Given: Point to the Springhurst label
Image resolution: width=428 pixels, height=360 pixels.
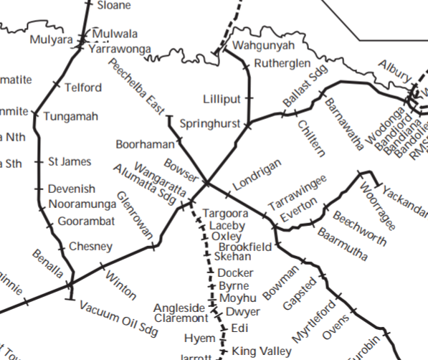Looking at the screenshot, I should pos(209,123).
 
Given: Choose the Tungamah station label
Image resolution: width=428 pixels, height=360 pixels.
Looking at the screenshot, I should pos(70,116).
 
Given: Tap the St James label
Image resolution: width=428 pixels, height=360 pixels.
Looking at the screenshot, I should pos(70,161).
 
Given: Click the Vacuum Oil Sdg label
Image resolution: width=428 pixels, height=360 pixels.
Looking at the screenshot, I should pos(118,316).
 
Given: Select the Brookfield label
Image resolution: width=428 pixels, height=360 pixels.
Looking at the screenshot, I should pos(244,247).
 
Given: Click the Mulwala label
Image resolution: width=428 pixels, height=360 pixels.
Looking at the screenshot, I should pos(115,34).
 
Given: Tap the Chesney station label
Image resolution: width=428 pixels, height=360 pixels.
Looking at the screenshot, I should pos(90,247).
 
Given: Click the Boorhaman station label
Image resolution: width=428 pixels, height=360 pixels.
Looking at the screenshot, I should pos(145,144).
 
